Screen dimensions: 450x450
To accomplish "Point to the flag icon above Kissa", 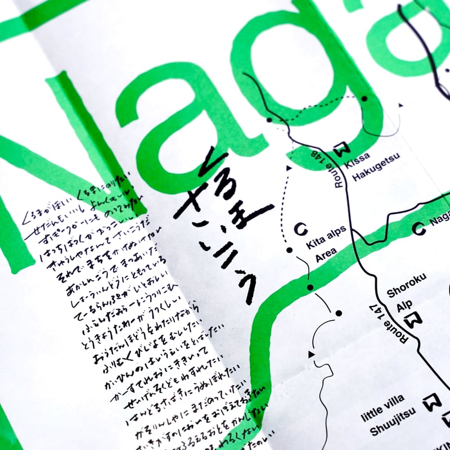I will click(x=341, y=149).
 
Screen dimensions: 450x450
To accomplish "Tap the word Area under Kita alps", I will click(x=326, y=258).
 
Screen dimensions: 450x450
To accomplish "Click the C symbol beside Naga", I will click(x=418, y=228).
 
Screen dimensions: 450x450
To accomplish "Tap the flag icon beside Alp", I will click(x=416, y=320).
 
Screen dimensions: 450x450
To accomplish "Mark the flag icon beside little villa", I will click(x=432, y=402).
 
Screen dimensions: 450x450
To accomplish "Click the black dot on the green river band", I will click(x=310, y=287).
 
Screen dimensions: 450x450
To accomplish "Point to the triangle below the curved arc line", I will click(x=311, y=354).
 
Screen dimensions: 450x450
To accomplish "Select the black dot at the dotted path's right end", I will click(x=364, y=98).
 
